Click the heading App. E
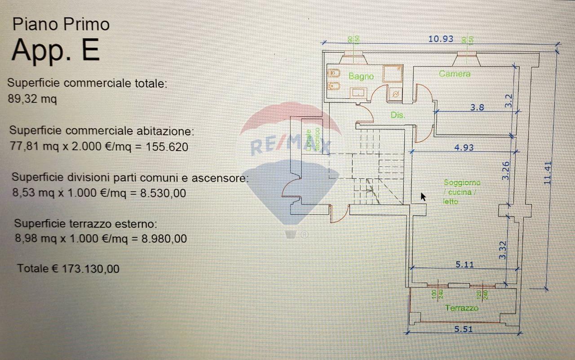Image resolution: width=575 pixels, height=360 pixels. pos(55,50)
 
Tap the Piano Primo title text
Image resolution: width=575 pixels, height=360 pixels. pos(61,24)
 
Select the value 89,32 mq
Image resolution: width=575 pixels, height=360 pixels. pos(32,99)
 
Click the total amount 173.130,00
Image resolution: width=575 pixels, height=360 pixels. pos(91,269)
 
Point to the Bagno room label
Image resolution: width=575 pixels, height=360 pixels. pos(361,76)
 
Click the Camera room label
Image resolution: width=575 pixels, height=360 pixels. pos(455,74)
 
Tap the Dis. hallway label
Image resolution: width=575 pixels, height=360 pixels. pos(398,115)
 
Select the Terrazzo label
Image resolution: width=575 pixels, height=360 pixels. pos(461,308)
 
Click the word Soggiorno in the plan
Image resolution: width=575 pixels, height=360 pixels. pos(462,183)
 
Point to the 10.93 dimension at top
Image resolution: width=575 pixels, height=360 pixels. pos(441,39)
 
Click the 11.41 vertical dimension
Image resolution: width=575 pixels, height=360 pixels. pos(547,173)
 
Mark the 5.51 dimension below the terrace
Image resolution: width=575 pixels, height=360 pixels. pos(464,329)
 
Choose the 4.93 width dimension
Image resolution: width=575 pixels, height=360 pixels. pos(464,147)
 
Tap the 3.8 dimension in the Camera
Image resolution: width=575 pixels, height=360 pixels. pos(477,107)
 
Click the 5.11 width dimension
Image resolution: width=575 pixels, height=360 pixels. pos(465,265)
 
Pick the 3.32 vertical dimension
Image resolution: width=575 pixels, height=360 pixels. pos(503,250)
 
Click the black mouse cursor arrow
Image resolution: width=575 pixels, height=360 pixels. pos(423,197)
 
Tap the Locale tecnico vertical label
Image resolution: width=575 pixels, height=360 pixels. pos(313,139)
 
